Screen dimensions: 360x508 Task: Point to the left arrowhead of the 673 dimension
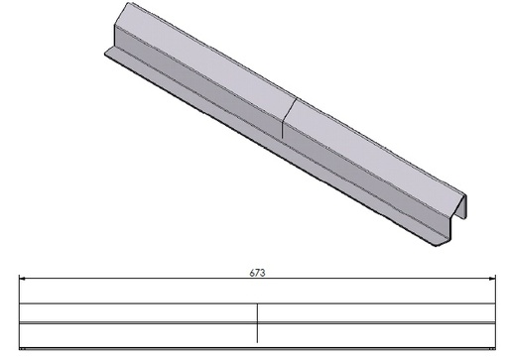point(22,279)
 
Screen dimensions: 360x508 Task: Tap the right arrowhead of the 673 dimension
point(492,279)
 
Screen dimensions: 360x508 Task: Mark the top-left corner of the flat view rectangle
point(21,303)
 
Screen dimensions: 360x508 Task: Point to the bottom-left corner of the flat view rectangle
point(21,348)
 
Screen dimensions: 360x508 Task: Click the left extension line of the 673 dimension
point(21,290)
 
